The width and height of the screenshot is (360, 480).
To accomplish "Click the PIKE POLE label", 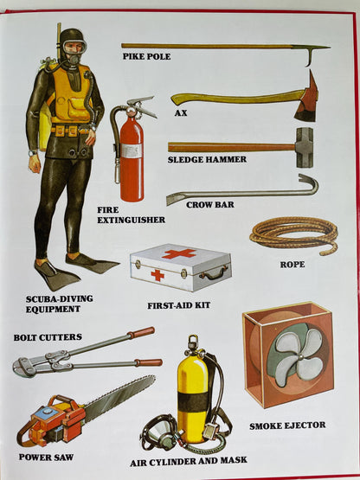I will coord(146,57).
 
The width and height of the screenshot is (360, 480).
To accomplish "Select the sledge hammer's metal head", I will coord(304,146).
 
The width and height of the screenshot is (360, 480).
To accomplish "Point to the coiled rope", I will coord(293,234).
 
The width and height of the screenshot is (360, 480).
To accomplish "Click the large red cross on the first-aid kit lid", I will coord(179,253).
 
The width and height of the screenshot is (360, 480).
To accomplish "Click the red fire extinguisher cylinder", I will coord(132,160).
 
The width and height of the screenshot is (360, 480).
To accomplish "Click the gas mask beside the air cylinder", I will coord(159,433).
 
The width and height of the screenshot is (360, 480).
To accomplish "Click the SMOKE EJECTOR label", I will coord(288,426).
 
